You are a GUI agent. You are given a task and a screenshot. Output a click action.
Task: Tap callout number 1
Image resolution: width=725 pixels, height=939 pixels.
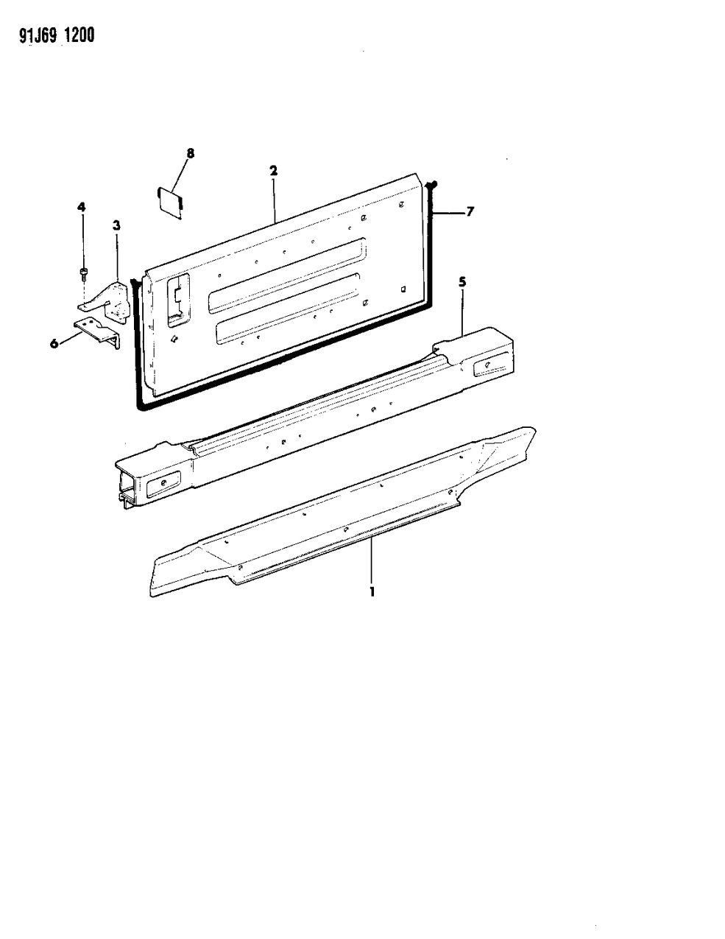372,591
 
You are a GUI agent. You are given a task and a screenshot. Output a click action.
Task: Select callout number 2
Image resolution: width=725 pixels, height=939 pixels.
273,170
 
